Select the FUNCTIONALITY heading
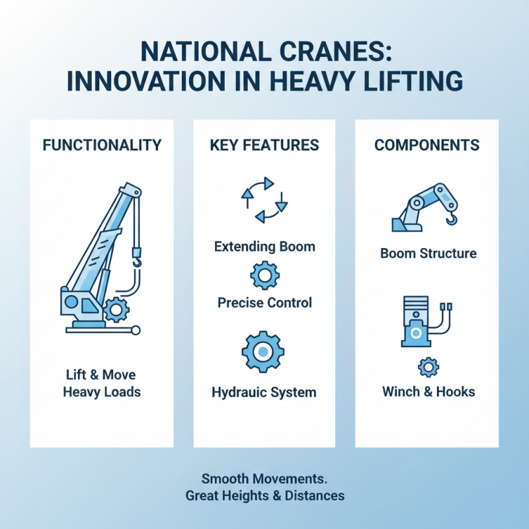pos(101,145)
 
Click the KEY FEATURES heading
pos(264,145)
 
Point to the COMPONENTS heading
pos(427,145)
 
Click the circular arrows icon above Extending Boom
pos(264,200)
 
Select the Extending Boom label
pos(264,247)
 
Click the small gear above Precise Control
pos(264,274)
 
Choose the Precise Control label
pos(264,304)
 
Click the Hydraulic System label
pos(264,392)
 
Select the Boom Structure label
pos(428,253)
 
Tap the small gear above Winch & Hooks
pos(428,366)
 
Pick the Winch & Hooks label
pos(428,391)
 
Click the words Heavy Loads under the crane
pos(102,391)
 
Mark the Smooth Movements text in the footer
pos(264,477)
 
